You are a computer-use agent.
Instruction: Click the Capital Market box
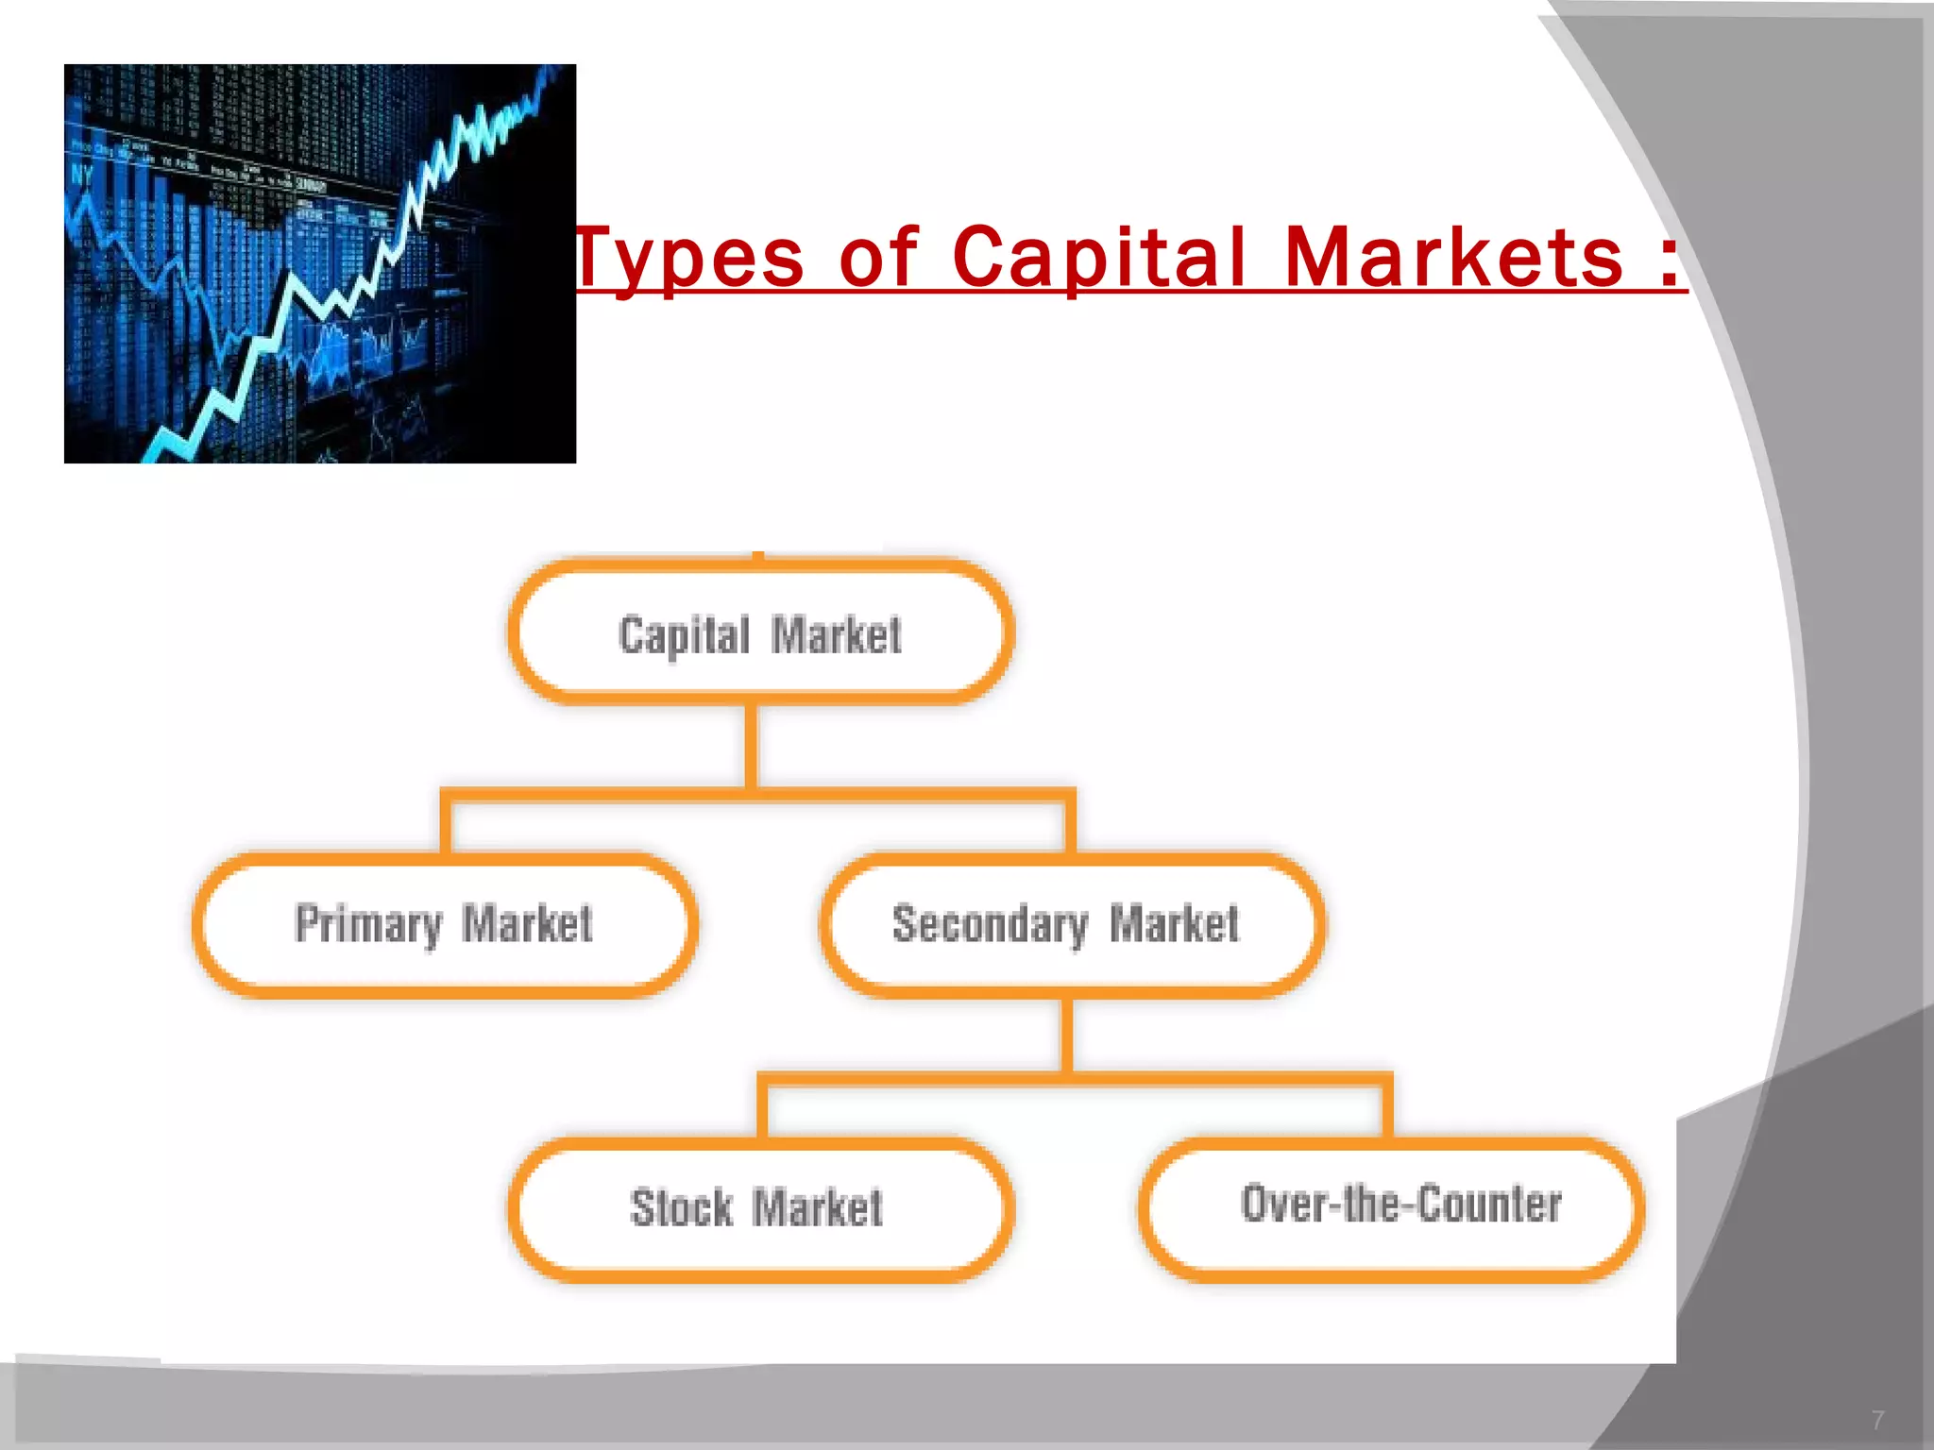point(760,632)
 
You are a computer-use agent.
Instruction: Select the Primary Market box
point(445,924)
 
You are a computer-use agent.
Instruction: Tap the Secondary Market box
point(1072,924)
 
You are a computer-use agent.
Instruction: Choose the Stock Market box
point(760,1209)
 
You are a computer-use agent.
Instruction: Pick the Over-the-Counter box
point(1391,1207)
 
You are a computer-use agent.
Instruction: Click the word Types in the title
point(689,258)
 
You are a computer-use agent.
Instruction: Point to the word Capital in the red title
point(1099,258)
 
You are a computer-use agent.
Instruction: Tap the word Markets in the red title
point(1454,258)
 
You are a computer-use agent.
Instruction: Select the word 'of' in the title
point(878,256)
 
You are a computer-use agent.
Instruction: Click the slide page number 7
point(1877,1420)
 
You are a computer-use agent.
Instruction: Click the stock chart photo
point(320,263)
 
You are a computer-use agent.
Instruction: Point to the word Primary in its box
point(368,924)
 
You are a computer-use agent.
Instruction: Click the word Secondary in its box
point(990,924)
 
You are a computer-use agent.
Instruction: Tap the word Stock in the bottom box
point(681,1208)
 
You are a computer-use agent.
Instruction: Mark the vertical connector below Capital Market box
point(752,746)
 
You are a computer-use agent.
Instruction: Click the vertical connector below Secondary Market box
point(1067,1036)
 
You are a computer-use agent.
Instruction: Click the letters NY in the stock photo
point(82,175)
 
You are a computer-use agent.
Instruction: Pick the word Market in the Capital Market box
point(837,635)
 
